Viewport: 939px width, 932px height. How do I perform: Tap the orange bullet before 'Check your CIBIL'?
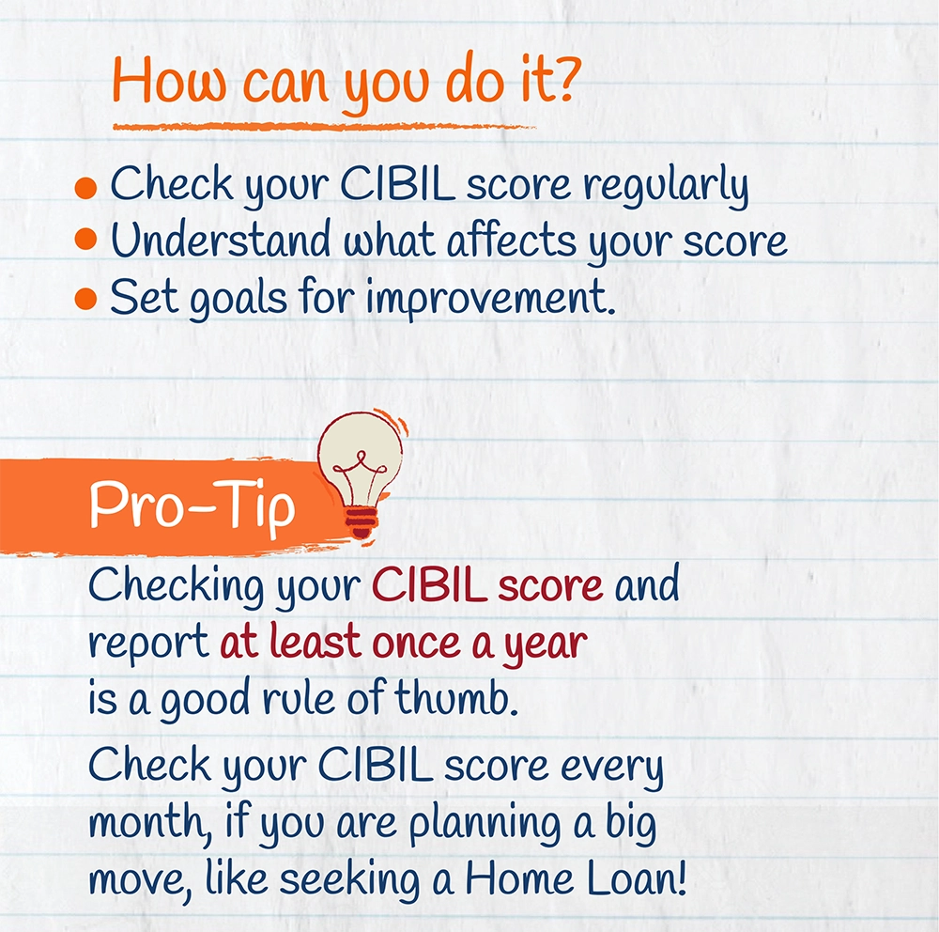(x=85, y=188)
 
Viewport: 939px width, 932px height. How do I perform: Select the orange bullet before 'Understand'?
(x=85, y=240)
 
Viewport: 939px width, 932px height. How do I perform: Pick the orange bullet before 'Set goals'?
(x=85, y=298)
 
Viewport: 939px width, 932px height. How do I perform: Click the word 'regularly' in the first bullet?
(x=666, y=186)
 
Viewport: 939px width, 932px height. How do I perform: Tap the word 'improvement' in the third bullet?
(x=490, y=298)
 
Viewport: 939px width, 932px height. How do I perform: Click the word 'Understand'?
(x=220, y=240)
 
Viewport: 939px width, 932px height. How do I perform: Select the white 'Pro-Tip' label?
(x=192, y=505)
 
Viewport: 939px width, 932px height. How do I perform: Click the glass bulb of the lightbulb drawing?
(x=361, y=457)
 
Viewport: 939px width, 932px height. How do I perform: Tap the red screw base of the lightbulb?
(x=362, y=522)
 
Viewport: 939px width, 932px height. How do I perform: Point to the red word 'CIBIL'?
(x=429, y=583)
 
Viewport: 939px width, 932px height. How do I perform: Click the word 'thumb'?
(x=455, y=697)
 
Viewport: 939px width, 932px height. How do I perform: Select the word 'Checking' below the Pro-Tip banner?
(x=176, y=586)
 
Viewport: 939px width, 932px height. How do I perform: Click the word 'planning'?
(x=484, y=824)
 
